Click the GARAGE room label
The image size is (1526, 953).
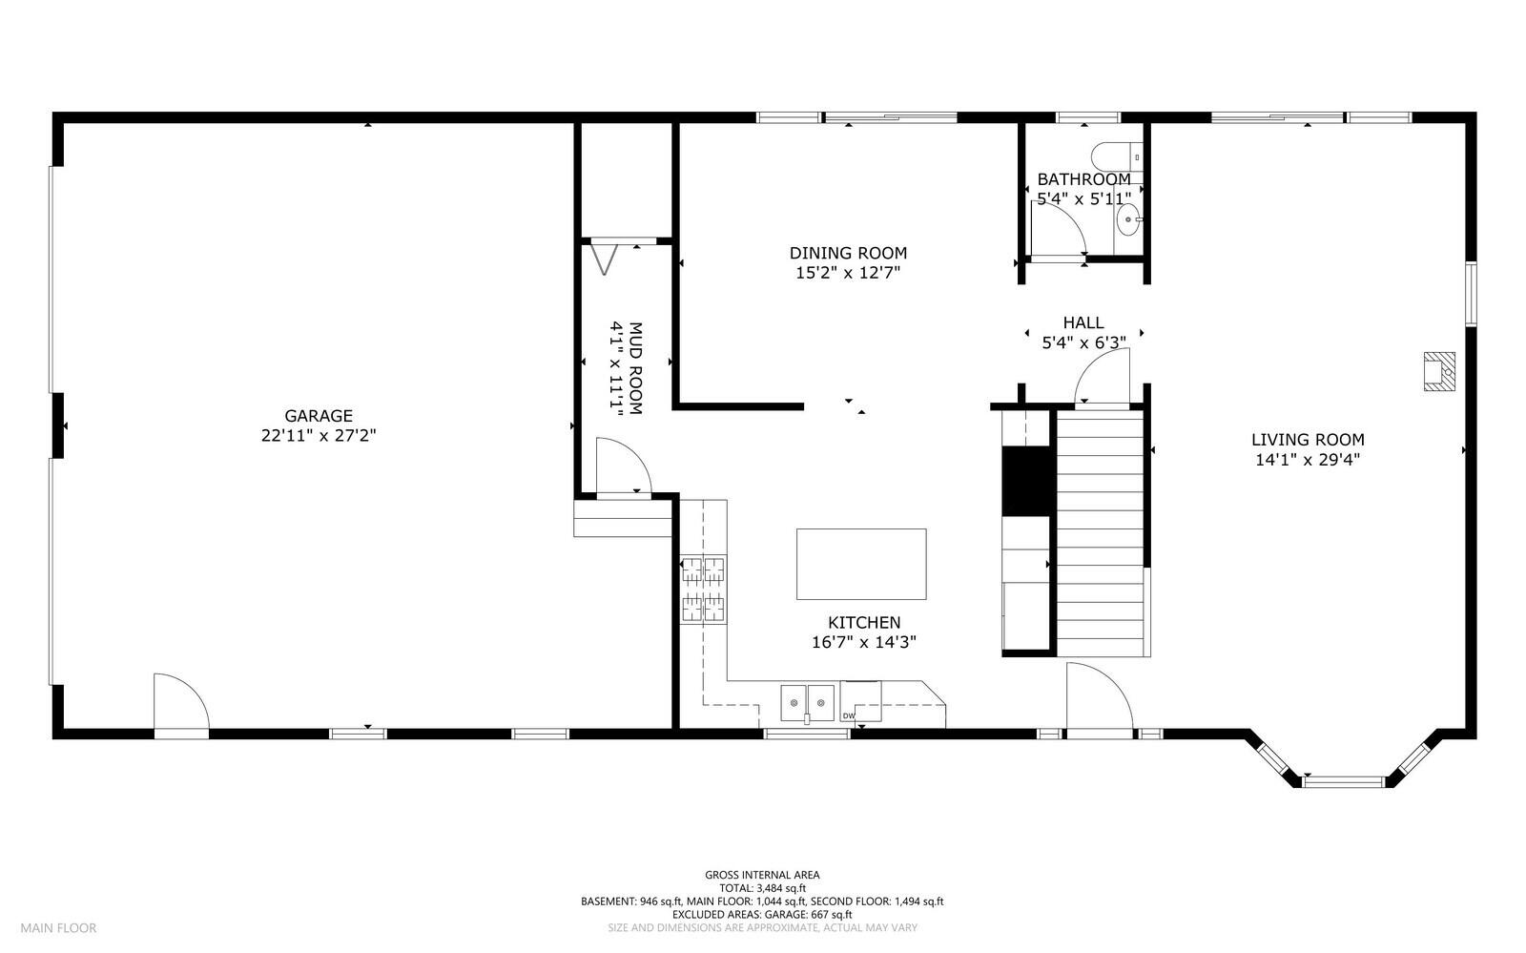pos(319,416)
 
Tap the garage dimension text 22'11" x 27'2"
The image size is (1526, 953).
pos(319,436)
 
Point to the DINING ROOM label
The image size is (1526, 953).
pos(848,253)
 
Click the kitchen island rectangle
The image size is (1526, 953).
pos(861,564)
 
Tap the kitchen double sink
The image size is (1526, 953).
pos(807,703)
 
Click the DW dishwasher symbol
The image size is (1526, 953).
pos(848,715)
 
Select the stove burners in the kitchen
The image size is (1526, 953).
pos(702,589)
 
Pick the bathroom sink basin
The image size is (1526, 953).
pos(1129,219)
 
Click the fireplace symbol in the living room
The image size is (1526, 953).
pos(1439,371)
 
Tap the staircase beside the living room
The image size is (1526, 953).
pos(1100,532)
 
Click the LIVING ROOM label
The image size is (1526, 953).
pos(1308,440)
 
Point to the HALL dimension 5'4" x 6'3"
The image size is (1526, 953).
pos(1083,342)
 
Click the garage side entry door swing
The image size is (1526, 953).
pos(180,703)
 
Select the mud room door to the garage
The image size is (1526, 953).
pos(621,466)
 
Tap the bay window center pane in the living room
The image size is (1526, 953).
pos(1343,781)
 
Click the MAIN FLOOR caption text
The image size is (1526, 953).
pos(59,927)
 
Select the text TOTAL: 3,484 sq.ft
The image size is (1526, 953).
pos(761,887)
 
